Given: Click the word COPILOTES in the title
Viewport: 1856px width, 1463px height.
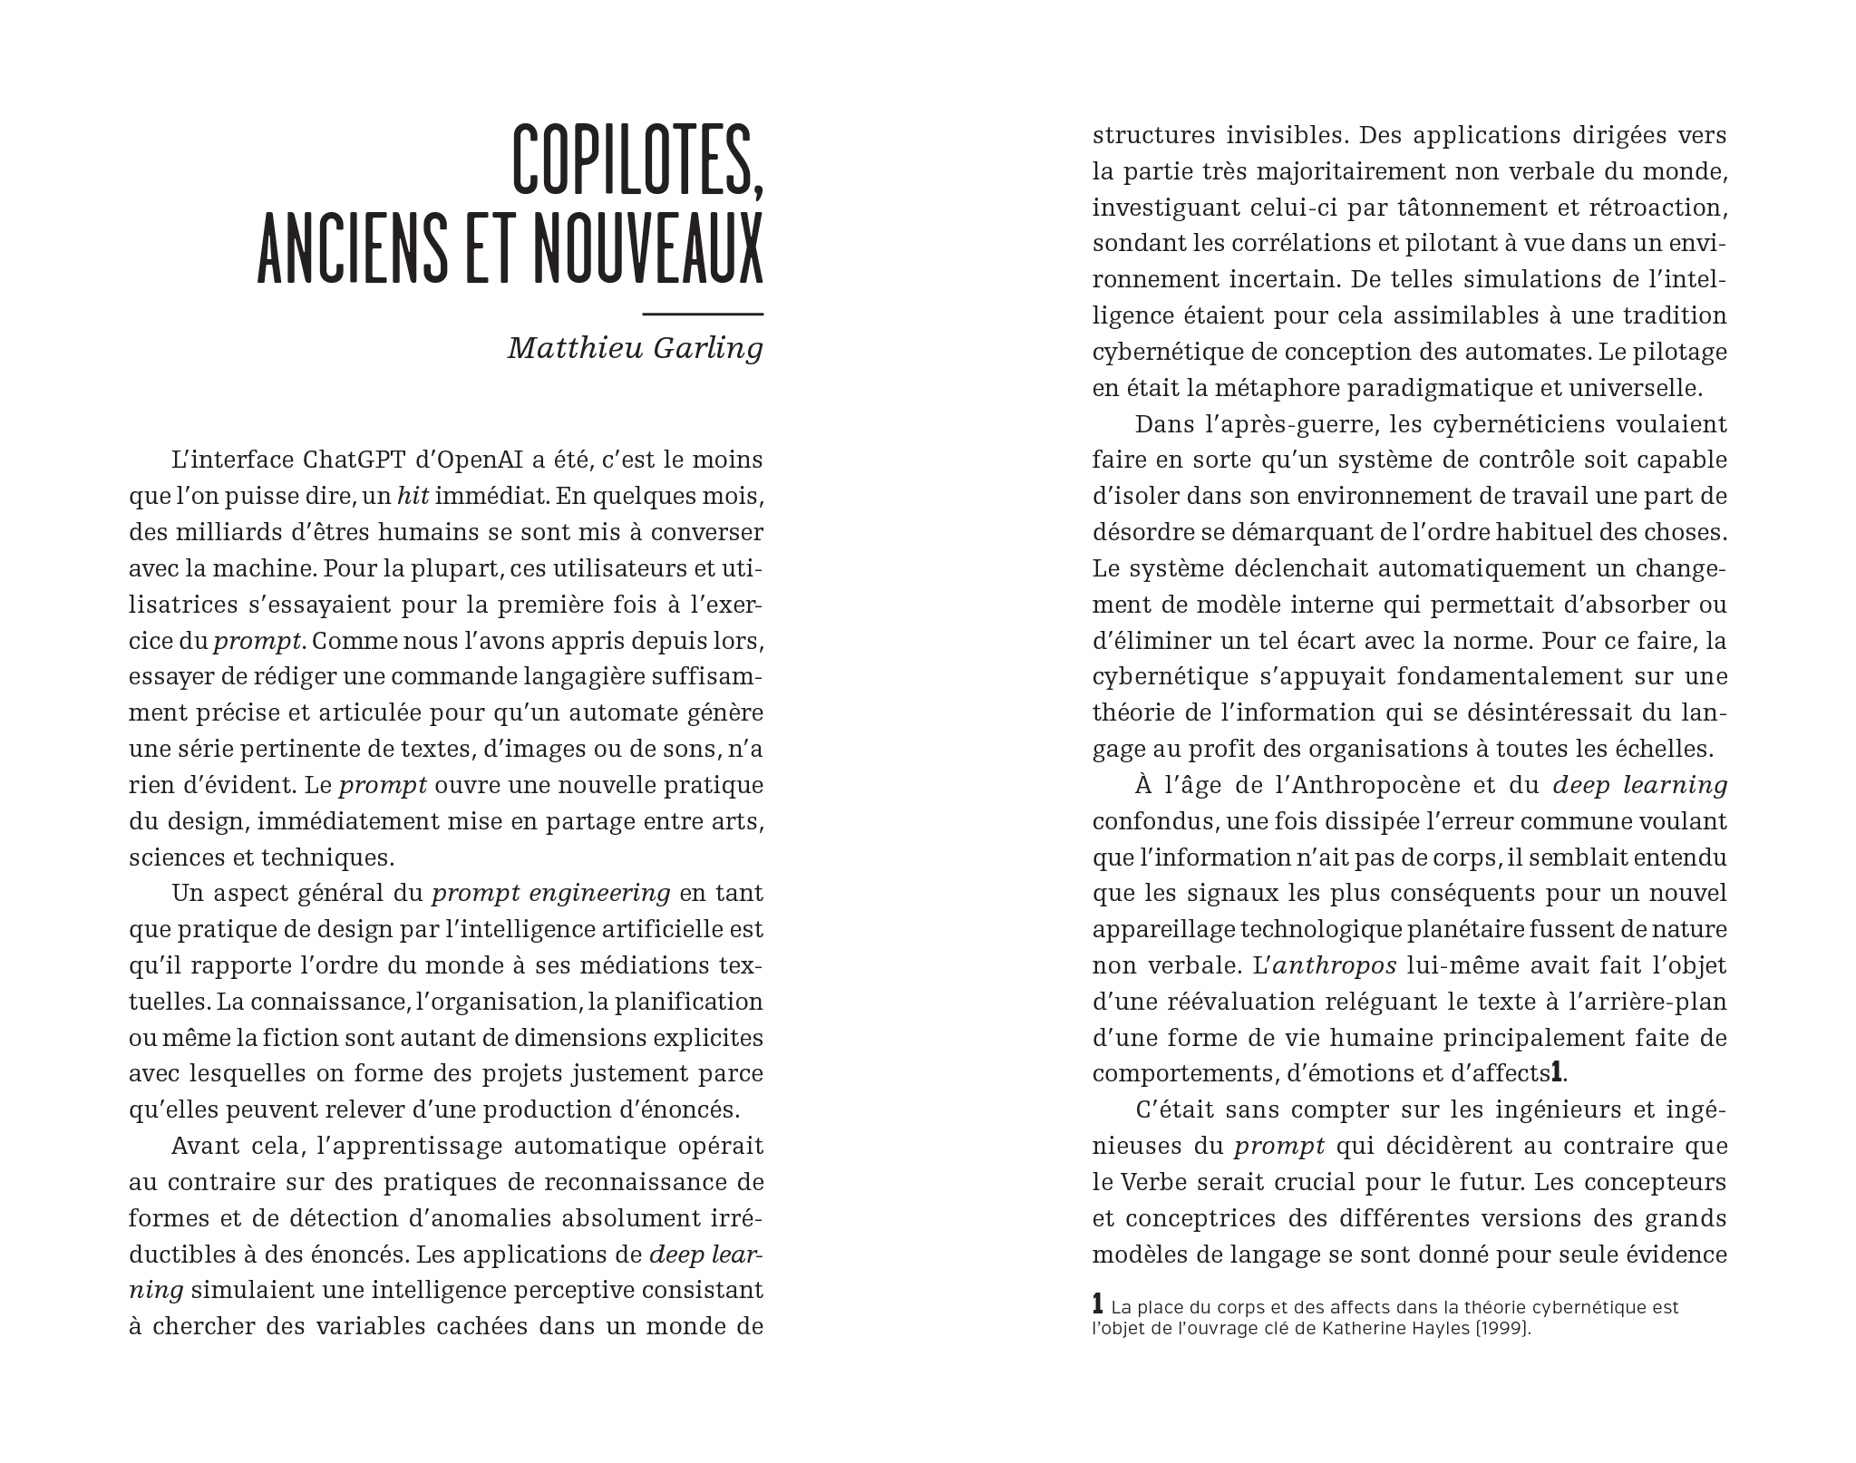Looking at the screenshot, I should pyautogui.click(x=637, y=159).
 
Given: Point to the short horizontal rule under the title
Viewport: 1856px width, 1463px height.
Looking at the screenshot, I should pyautogui.click(x=702, y=314).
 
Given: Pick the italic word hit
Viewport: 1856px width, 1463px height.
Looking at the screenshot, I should pyautogui.click(x=413, y=496).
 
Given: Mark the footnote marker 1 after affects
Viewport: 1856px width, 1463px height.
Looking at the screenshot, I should pyautogui.click(x=1556, y=1072).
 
